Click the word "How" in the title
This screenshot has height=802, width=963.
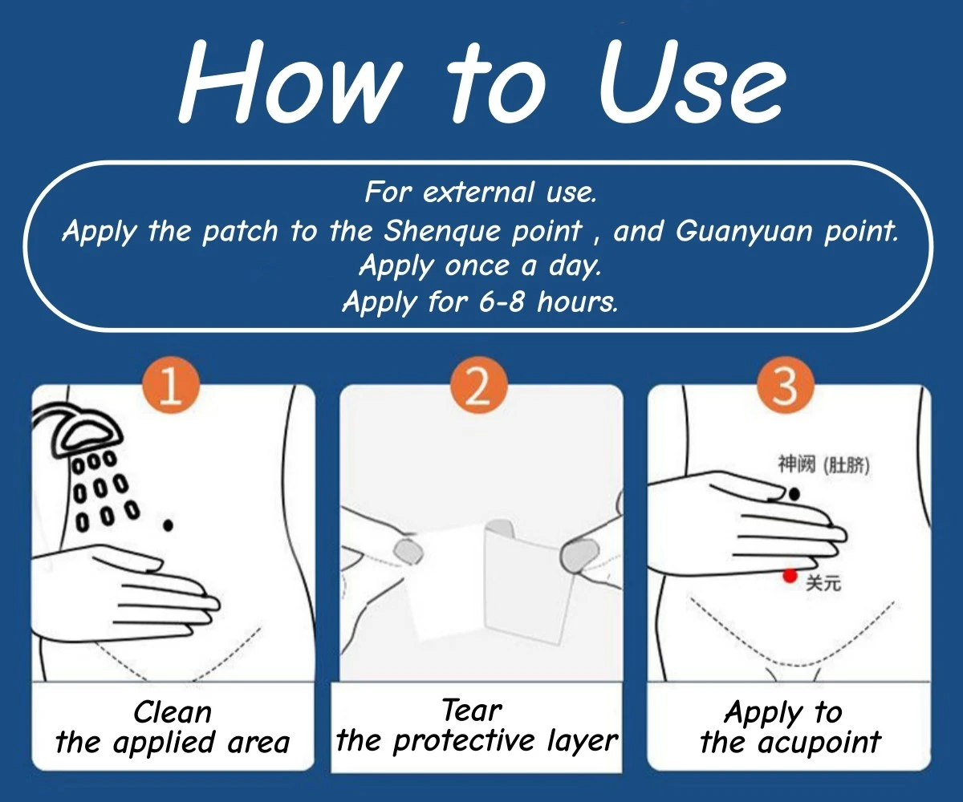291,82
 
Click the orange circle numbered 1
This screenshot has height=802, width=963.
171,385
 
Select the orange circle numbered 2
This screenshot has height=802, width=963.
479,385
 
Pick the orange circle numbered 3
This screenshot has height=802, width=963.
786,385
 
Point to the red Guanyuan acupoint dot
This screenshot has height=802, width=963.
790,576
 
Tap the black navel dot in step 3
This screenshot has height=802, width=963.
794,495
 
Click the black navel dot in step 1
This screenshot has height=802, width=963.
169,525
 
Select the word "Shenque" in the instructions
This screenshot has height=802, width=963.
442,231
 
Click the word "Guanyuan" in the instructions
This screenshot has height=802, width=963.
744,231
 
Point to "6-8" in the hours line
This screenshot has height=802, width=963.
502,302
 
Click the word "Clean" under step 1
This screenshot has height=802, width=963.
173,713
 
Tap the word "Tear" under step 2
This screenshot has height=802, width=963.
472,711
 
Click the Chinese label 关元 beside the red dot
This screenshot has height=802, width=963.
823,584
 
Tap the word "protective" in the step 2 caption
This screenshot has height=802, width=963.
464,742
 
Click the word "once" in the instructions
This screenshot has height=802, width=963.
477,266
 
